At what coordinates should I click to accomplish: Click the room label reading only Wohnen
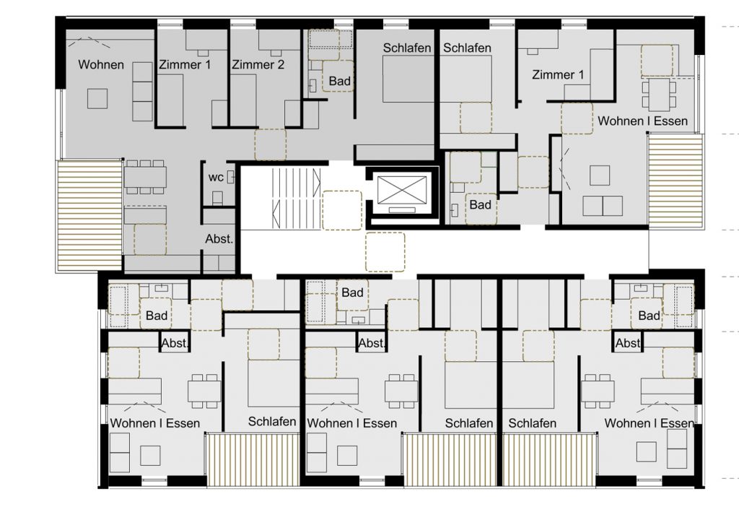(x=101, y=64)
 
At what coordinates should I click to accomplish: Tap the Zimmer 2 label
(x=258, y=64)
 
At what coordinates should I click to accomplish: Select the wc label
(x=216, y=178)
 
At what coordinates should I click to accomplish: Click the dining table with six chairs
(x=144, y=177)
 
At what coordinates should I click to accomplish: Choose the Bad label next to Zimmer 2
(x=339, y=81)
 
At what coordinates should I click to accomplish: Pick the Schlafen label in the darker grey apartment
(x=407, y=48)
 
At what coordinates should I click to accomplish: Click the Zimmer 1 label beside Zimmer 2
(x=184, y=64)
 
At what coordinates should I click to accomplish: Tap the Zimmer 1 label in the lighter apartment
(x=558, y=74)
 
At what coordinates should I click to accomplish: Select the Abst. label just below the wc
(x=219, y=239)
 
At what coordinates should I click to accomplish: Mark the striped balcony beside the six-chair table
(x=89, y=216)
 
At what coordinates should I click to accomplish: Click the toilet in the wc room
(x=217, y=198)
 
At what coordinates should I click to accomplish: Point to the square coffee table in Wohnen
(x=97, y=99)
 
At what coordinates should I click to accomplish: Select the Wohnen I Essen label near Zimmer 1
(x=642, y=121)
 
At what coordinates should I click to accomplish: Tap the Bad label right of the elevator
(x=480, y=205)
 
